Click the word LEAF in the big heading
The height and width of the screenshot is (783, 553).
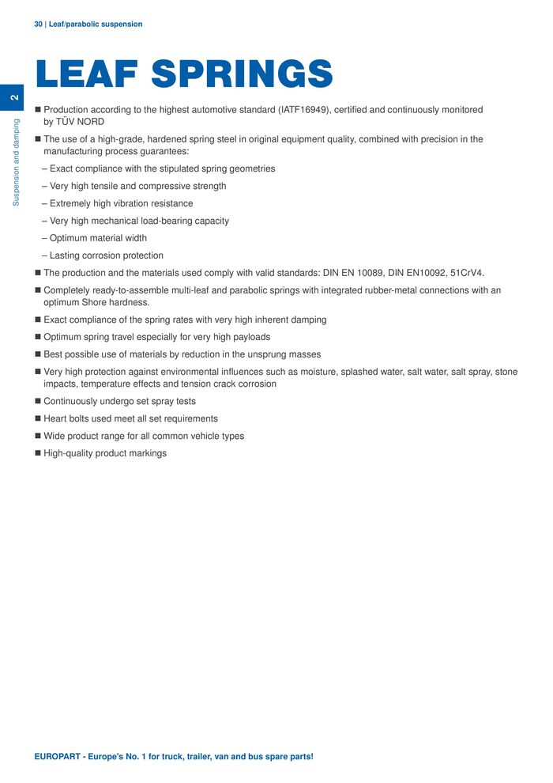(x=86, y=74)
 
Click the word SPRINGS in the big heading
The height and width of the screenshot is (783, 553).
(x=242, y=74)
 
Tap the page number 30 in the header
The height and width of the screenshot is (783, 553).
(x=39, y=25)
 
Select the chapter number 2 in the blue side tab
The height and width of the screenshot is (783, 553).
(x=13, y=97)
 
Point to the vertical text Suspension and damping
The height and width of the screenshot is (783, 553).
(x=16, y=163)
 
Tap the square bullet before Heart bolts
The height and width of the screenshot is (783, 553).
(x=37, y=419)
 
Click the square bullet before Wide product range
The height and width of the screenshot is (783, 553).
(x=37, y=437)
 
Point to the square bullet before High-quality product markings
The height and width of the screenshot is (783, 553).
(x=37, y=454)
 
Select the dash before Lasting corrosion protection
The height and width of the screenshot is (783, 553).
(x=44, y=255)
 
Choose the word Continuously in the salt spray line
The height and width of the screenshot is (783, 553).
(x=72, y=402)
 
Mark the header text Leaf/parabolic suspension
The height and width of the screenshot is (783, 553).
(x=96, y=25)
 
